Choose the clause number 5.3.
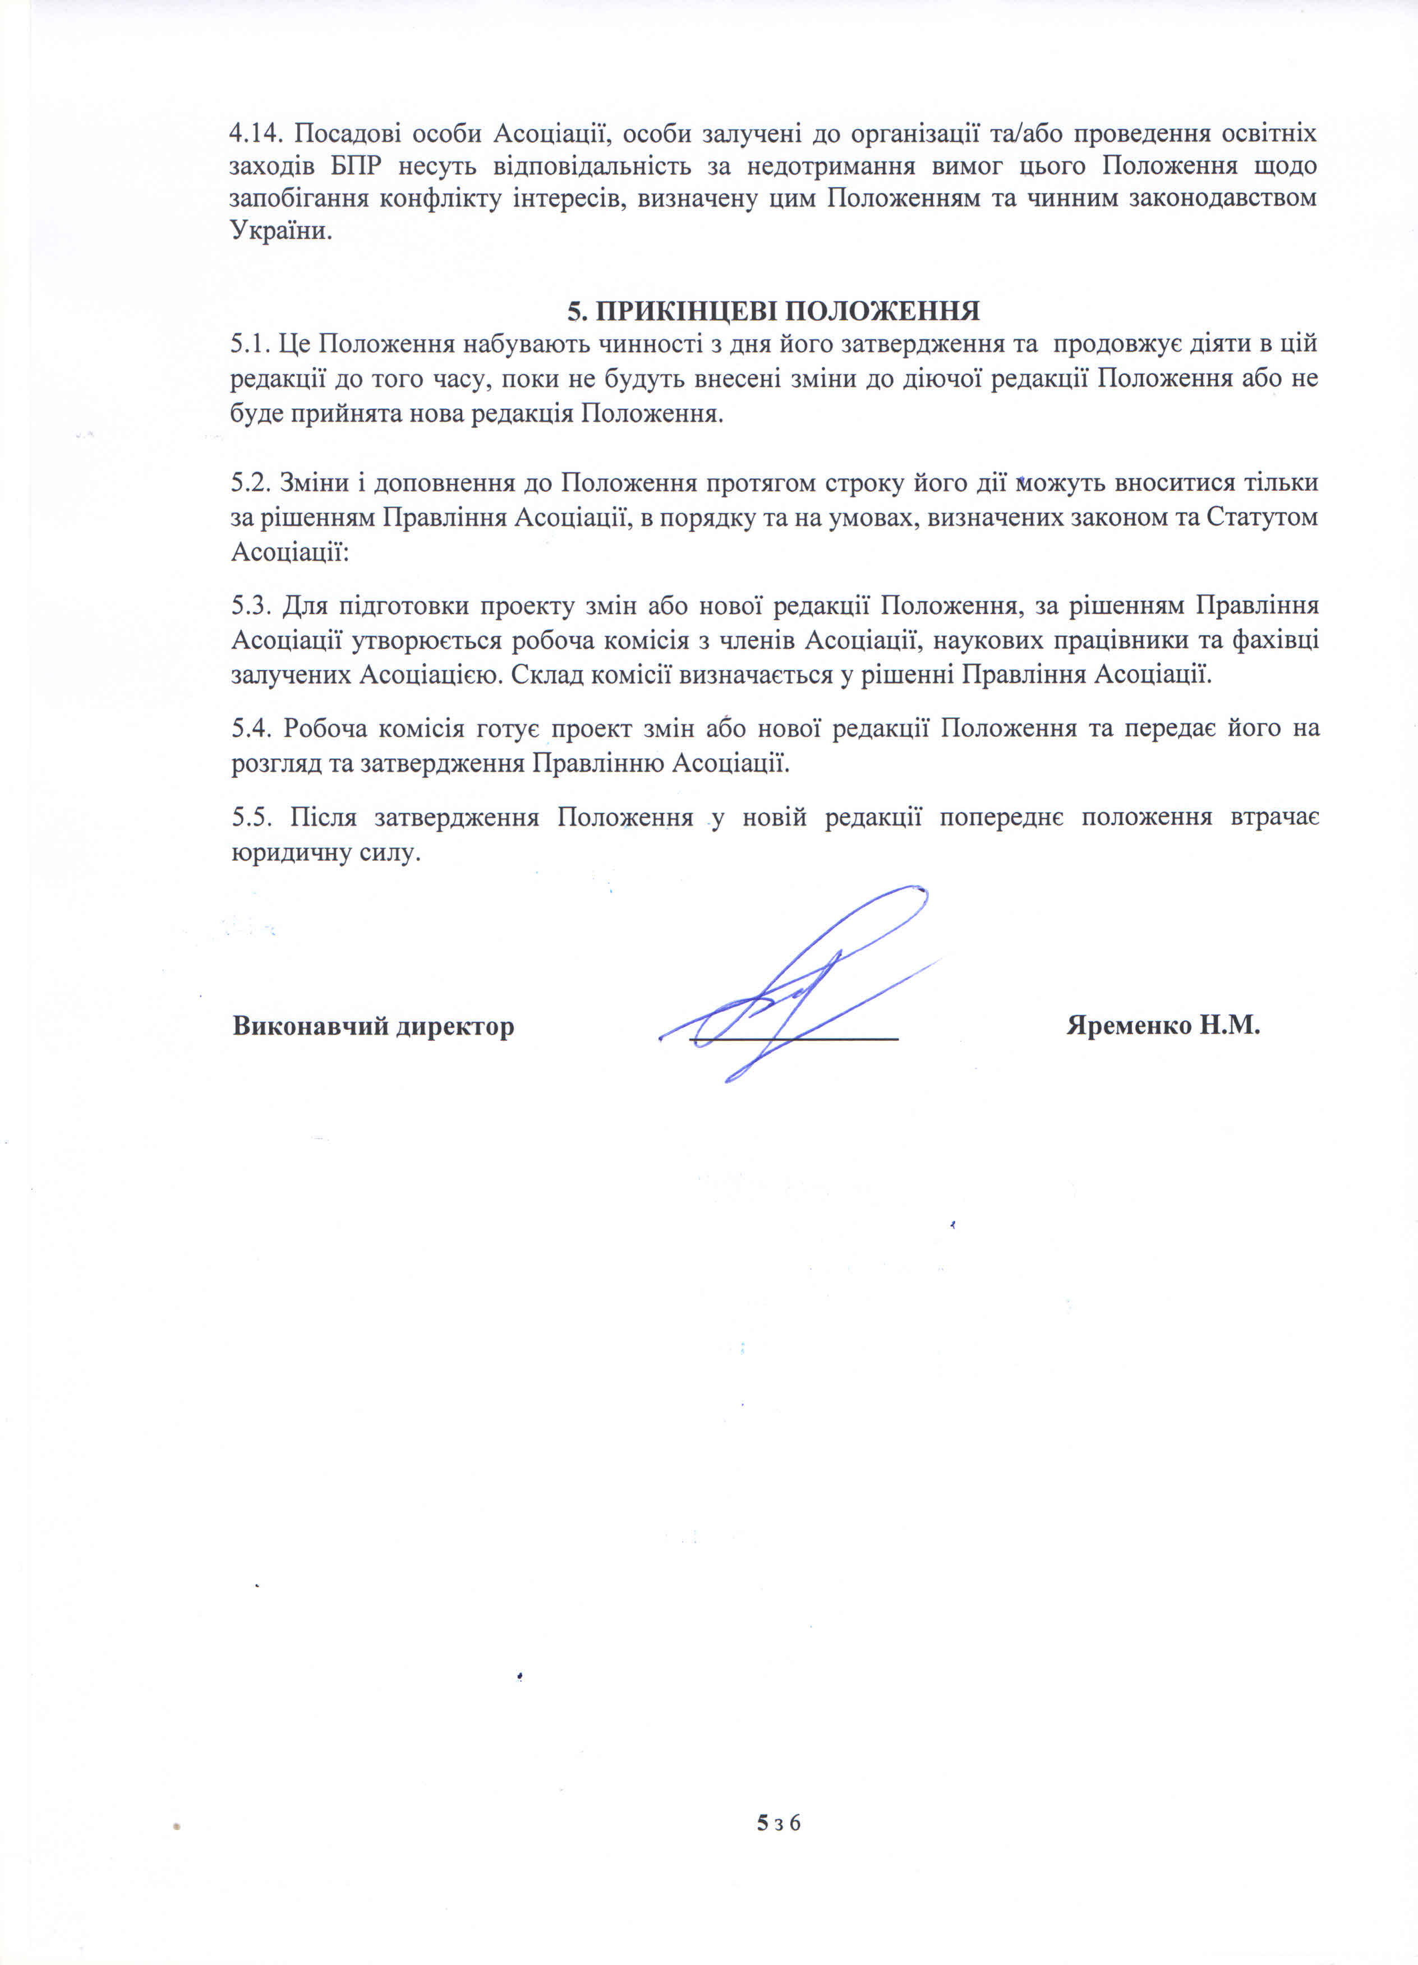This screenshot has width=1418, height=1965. click(x=251, y=606)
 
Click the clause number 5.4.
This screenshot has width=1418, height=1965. click(x=251, y=728)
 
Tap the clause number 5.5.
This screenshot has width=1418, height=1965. click(x=251, y=817)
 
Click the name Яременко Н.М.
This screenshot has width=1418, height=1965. click(x=1162, y=1026)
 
